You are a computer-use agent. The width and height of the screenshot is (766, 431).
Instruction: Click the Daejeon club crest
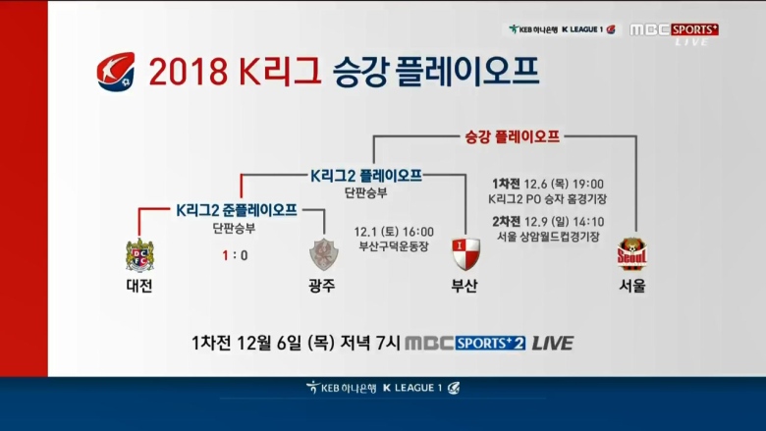click(x=139, y=255)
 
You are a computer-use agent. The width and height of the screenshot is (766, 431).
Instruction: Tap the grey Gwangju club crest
click(x=323, y=254)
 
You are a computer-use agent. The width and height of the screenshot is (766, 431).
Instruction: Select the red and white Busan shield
click(x=465, y=254)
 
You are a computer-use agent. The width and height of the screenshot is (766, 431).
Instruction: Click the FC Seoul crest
click(x=631, y=254)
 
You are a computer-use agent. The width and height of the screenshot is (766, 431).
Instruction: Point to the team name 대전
click(x=139, y=286)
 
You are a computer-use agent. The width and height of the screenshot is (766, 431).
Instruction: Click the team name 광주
click(x=322, y=286)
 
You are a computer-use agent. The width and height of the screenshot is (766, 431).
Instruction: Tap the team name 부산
click(x=465, y=286)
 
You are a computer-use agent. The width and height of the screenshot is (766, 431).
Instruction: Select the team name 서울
click(x=632, y=286)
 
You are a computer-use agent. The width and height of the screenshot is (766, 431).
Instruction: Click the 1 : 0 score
click(x=235, y=255)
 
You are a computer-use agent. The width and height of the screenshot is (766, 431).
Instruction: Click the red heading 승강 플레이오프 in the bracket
click(x=512, y=136)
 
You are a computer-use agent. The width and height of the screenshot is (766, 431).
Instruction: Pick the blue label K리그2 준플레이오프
click(x=237, y=210)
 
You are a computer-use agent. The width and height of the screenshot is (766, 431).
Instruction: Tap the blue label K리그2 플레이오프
click(x=366, y=176)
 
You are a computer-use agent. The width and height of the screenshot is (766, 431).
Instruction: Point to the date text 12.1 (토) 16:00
click(x=394, y=232)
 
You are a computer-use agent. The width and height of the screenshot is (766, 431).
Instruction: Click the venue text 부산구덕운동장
click(x=394, y=246)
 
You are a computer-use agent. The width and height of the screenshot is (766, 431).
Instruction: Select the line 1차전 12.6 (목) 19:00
click(x=548, y=184)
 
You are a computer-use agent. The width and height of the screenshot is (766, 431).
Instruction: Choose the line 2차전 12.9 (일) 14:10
click(x=548, y=222)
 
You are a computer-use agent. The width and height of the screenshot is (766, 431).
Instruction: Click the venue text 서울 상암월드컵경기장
click(x=548, y=237)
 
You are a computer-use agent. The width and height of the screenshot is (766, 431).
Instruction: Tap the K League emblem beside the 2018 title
click(x=116, y=72)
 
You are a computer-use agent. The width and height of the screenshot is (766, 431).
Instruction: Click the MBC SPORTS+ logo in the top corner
click(x=674, y=29)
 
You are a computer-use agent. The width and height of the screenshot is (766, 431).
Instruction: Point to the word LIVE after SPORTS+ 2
click(x=553, y=344)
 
